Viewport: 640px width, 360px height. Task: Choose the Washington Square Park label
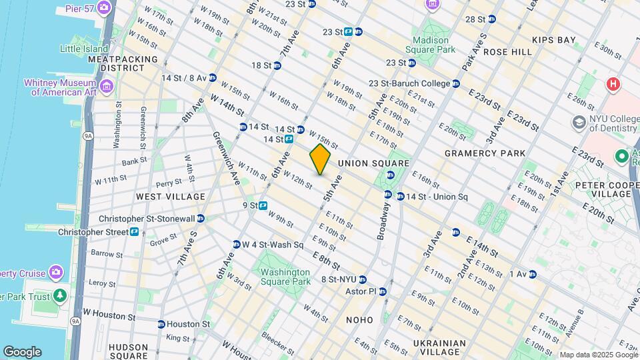pos(285,277)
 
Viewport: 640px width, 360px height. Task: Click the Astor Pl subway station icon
pos(384,291)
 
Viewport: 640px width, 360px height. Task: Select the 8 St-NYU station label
pos(339,279)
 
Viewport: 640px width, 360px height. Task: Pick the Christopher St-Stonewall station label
pos(146,219)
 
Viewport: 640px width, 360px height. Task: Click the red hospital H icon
pos(611,85)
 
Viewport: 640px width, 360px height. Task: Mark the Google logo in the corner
pos(22,351)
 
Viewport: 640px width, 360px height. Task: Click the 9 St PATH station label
pos(251,205)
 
